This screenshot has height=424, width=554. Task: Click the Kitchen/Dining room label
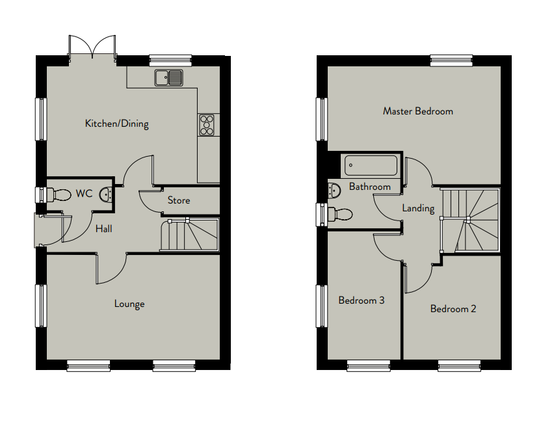[116, 124]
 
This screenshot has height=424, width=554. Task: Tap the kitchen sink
[169, 78]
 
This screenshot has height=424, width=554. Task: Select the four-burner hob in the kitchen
[207, 125]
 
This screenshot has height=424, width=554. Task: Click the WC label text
[84, 194]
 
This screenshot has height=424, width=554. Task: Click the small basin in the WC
[106, 194]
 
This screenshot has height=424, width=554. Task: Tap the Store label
[179, 200]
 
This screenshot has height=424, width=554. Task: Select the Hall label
[104, 229]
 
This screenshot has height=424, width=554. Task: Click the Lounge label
[129, 304]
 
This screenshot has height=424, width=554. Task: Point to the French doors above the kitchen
[92, 47]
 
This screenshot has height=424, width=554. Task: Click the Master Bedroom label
[418, 111]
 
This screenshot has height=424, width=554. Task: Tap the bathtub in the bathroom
[371, 165]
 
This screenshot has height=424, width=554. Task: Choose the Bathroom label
[370, 187]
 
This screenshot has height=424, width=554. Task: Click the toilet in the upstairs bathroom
[340, 214]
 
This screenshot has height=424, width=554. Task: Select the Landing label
[418, 209]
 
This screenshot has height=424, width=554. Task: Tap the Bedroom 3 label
[362, 300]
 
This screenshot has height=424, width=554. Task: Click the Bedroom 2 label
[453, 309]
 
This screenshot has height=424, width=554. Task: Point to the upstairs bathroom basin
[334, 191]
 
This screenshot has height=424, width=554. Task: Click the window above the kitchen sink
[170, 60]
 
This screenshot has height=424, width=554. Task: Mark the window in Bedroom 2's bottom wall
[459, 365]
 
